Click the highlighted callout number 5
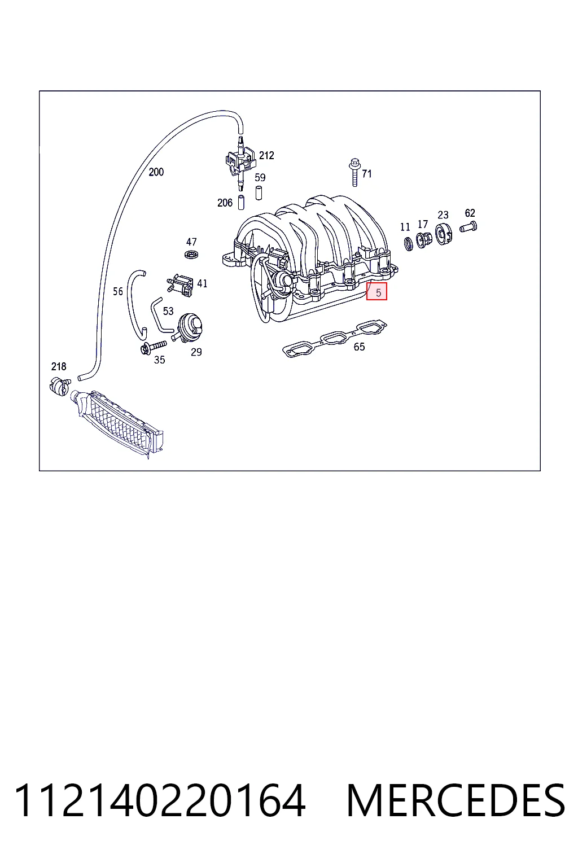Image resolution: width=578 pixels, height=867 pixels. click(378, 293)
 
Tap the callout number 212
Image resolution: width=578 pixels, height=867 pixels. click(266, 155)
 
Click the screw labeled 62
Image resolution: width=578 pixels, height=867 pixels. click(468, 227)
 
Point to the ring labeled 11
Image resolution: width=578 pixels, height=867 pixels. click(409, 243)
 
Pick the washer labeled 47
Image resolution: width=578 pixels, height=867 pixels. click(192, 255)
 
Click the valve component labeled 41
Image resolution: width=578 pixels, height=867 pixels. click(181, 285)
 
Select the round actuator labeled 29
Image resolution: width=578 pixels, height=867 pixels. click(189, 328)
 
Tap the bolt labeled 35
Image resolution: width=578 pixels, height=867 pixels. click(154, 347)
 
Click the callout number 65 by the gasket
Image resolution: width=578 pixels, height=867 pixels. click(359, 347)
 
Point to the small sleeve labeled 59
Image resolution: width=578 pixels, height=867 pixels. click(259, 193)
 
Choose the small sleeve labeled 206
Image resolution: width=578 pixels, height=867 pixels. click(241, 203)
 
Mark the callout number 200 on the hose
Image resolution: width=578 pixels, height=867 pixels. click(156, 172)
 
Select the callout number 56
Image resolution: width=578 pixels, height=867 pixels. click(118, 291)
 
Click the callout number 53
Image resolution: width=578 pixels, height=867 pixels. click(168, 311)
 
